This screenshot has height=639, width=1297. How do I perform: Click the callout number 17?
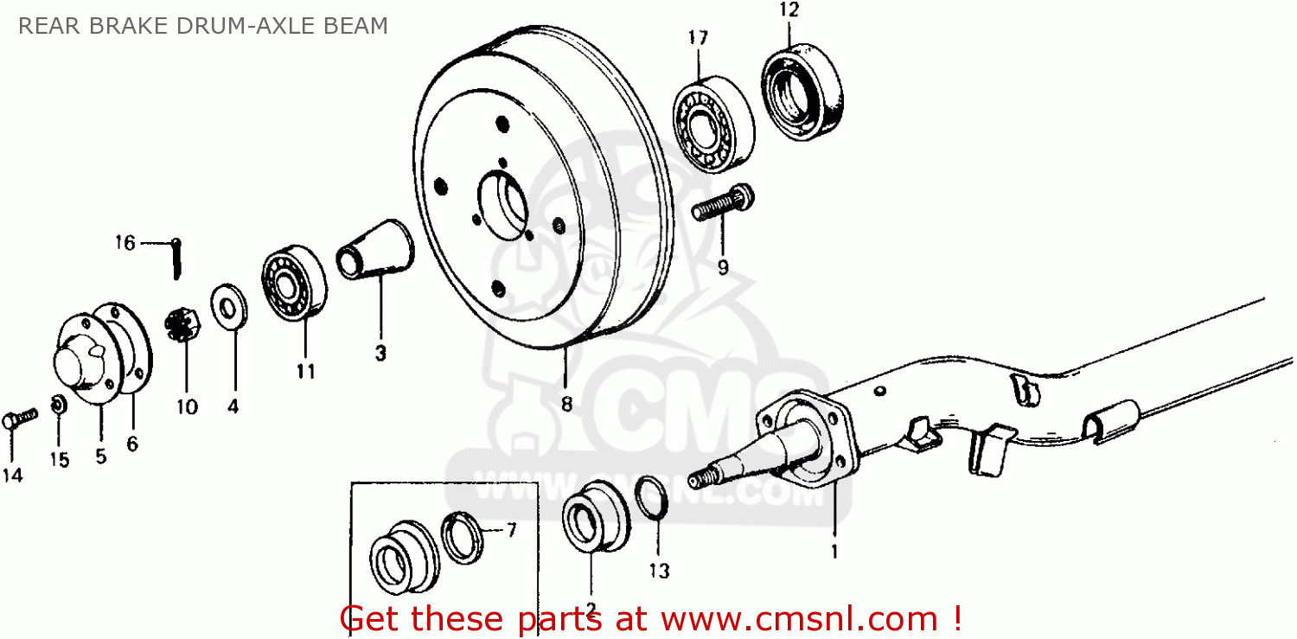pyautogui.click(x=698, y=38)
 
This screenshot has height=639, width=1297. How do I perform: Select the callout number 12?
pyautogui.click(x=789, y=11)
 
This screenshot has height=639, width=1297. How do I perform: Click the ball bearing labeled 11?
pyautogui.click(x=294, y=281)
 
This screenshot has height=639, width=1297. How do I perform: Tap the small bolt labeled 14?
pyautogui.click(x=20, y=419)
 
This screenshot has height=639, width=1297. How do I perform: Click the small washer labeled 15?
pyautogui.click(x=59, y=405)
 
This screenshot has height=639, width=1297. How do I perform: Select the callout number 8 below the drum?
pyautogui.click(x=566, y=404)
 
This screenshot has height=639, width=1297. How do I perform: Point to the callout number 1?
pyautogui.click(x=834, y=549)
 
